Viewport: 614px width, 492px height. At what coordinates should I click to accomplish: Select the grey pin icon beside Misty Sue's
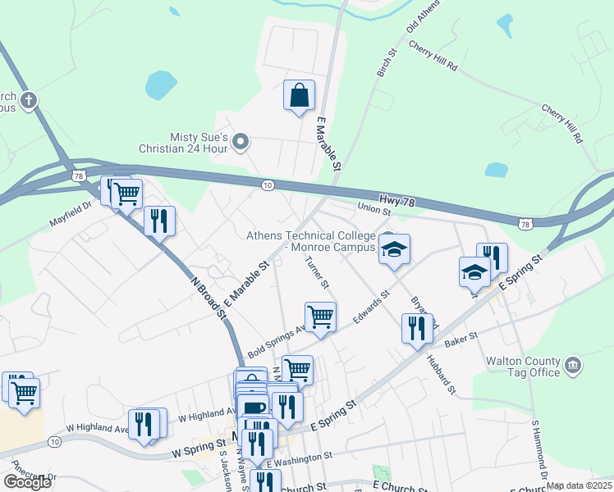click(241, 143)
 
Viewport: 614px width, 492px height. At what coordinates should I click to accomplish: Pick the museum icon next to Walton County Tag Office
click(573, 363)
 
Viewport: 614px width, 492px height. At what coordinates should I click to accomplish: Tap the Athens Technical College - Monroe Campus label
click(312, 241)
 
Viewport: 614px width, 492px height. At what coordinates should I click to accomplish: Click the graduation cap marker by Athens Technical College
click(394, 250)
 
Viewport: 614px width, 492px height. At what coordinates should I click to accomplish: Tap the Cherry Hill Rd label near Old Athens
click(432, 57)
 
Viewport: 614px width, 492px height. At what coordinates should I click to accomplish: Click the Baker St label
click(461, 337)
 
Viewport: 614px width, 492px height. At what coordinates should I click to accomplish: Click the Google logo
click(27, 482)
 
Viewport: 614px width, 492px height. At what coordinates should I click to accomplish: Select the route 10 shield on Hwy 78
click(268, 185)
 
